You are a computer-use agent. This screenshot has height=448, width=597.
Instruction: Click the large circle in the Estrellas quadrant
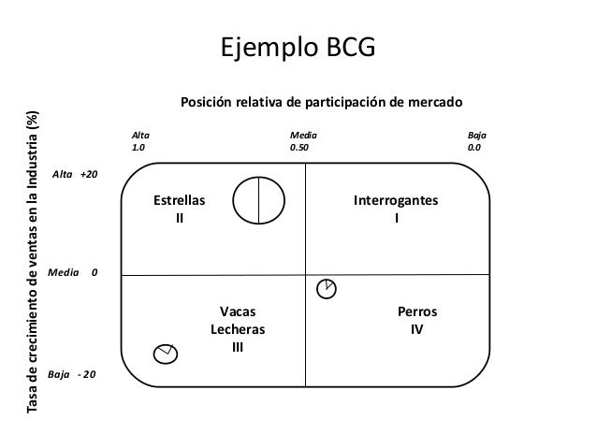point(258,201)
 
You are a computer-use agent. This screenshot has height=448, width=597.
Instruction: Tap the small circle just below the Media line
point(327,288)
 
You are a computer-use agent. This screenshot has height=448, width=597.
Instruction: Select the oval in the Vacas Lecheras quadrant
point(166,354)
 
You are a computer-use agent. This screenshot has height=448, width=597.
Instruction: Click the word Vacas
point(237,312)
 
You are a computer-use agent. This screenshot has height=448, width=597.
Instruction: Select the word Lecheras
point(237,330)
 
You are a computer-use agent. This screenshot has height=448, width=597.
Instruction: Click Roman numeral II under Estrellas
point(181,220)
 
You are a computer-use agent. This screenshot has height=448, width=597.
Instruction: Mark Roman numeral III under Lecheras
point(237,348)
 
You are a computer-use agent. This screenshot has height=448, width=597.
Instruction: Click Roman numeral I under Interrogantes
point(396,220)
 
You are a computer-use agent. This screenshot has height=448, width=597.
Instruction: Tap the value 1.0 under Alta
point(139,148)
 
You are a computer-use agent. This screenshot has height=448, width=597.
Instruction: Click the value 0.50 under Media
point(300,148)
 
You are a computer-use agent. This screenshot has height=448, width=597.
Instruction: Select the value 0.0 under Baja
point(474,148)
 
